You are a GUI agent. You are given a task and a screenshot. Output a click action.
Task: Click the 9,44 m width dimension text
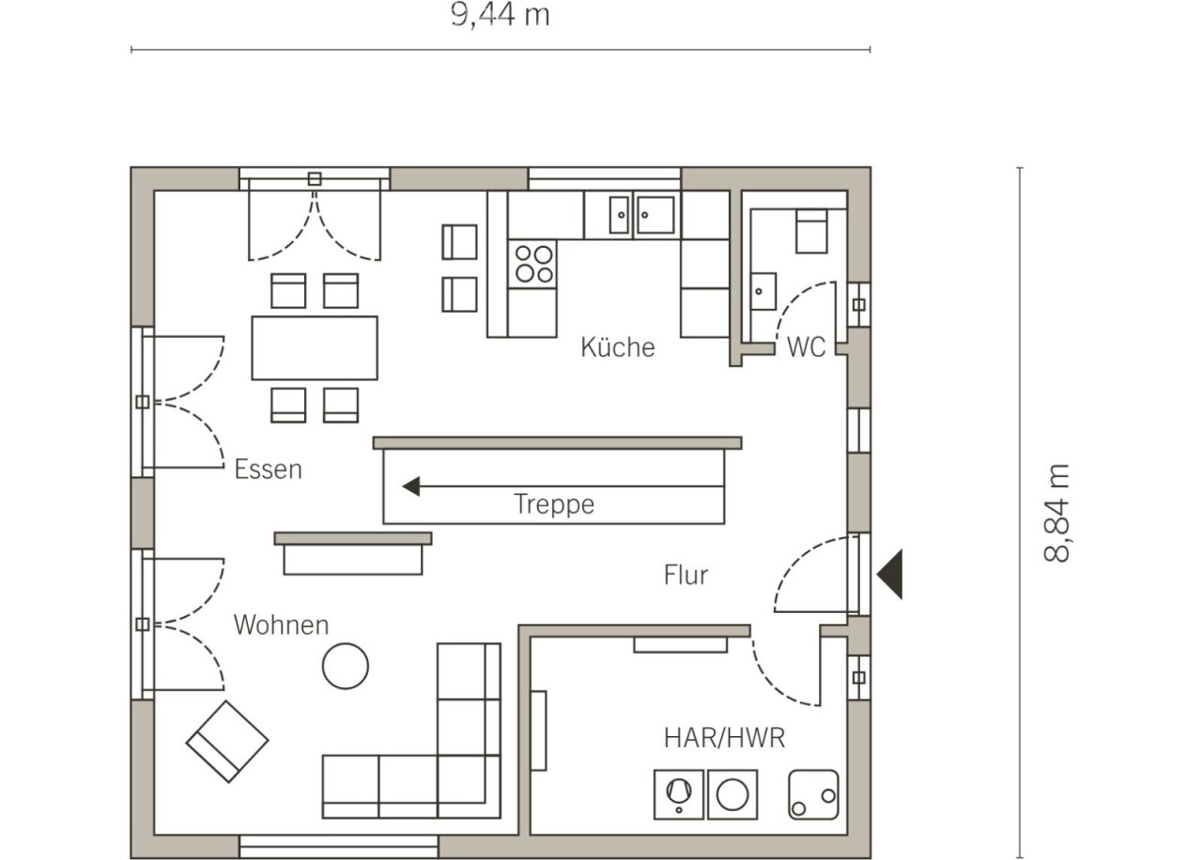click(501, 16)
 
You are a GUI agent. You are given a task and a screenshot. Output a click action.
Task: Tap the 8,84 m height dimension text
click(1056, 514)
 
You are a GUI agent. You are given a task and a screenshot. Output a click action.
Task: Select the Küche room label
click(618, 347)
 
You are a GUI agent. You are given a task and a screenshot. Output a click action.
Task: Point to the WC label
click(806, 347)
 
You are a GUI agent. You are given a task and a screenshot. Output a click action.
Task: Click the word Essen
click(269, 469)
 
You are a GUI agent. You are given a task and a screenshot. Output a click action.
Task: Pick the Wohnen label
click(281, 625)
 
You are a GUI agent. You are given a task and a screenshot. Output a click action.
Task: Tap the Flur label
click(686, 575)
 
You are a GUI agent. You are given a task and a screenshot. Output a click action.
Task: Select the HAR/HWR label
click(724, 738)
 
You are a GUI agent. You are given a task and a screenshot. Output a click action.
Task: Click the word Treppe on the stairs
click(554, 504)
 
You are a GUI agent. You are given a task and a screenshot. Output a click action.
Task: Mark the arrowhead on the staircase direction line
click(411, 486)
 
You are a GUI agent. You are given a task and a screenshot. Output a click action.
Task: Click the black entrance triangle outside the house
click(889, 574)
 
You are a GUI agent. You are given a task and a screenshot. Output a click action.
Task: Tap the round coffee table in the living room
click(345, 666)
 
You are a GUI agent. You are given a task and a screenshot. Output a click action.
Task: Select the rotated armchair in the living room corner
click(227, 742)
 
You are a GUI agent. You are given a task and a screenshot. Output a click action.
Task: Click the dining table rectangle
click(315, 348)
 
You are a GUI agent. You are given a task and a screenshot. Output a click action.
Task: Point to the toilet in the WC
click(811, 231)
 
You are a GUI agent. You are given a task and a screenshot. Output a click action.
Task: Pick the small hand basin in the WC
click(763, 291)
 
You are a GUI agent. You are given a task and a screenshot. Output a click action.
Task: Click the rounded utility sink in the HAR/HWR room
click(813, 795)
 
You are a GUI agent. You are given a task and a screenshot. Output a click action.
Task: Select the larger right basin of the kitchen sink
click(655, 215)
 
